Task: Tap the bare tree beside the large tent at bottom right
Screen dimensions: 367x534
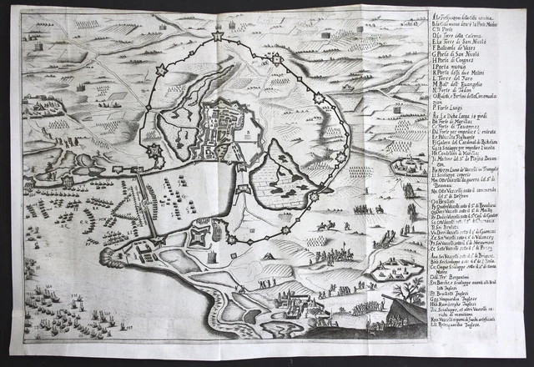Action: click(x=410, y=292)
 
